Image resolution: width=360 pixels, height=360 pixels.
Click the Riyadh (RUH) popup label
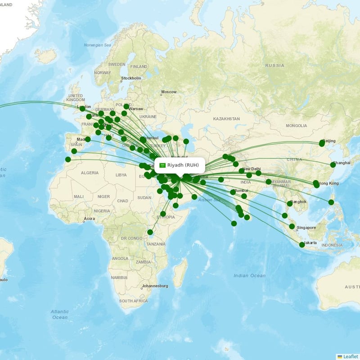tap(182, 165)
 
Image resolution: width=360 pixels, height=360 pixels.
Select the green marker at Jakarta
tap(302, 245)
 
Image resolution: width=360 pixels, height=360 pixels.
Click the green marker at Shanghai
tap(333, 165)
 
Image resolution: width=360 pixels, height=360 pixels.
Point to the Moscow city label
tap(169, 92)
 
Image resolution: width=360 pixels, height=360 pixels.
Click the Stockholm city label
tap(131, 78)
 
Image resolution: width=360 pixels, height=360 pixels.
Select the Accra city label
tap(89, 219)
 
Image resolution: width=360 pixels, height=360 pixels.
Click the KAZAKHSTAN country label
tap(226, 119)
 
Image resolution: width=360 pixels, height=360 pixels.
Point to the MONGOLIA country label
tap(296, 126)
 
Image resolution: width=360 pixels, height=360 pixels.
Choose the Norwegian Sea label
tap(97, 45)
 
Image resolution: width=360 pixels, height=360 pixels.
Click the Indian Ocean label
tap(249, 275)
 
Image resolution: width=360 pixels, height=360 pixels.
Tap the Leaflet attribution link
tap(350, 356)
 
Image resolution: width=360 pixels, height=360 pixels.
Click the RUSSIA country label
tap(274, 66)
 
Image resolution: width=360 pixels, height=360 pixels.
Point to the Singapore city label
tap(306, 228)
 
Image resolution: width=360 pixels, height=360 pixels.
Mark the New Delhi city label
tap(252, 169)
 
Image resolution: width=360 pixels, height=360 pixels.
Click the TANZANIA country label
tap(156, 244)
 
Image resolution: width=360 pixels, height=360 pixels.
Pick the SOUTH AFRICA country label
tap(133, 301)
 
